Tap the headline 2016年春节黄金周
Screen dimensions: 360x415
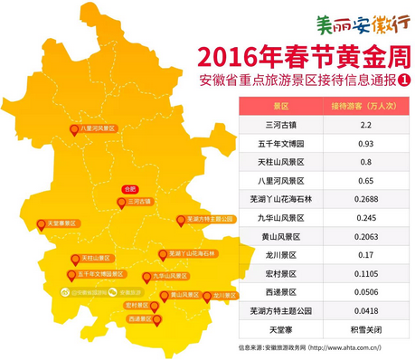pos(299,57)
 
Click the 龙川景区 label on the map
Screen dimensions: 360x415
pos(223,296)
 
